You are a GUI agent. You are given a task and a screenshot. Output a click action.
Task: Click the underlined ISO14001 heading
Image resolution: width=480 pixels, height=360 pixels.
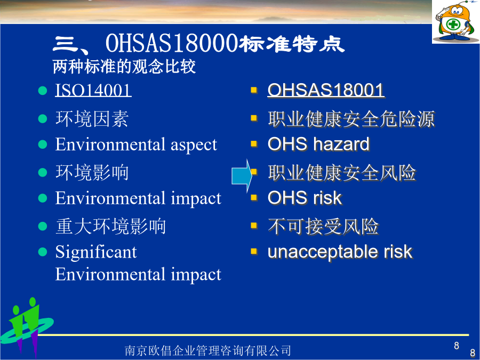point(93,91)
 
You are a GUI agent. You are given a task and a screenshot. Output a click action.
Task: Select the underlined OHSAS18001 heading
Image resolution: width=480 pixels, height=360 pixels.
point(326,91)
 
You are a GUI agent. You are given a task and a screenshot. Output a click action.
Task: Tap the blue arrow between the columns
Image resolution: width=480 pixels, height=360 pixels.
point(242,176)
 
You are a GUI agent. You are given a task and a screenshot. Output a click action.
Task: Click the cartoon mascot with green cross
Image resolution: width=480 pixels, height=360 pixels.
point(456,22)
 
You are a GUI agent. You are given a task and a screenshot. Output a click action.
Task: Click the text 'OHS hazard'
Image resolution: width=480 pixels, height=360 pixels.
point(319,144)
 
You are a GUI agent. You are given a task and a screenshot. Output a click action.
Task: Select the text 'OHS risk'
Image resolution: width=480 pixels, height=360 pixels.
point(305,198)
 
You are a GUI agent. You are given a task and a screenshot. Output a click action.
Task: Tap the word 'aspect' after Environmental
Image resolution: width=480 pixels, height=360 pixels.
point(194,145)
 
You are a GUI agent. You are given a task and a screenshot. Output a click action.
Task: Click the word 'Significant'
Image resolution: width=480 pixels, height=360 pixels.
point(96,253)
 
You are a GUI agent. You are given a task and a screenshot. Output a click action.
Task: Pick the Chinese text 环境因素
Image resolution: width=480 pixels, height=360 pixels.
point(92,119)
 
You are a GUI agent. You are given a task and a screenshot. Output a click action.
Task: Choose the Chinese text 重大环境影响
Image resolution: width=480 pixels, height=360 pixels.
point(110,227)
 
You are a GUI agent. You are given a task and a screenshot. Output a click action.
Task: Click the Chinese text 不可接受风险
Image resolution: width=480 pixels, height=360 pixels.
point(324,227)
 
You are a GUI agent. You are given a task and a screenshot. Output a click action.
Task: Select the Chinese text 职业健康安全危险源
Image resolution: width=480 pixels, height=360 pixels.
point(351,119)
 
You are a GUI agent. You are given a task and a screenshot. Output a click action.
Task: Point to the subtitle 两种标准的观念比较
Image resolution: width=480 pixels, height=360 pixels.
point(124,67)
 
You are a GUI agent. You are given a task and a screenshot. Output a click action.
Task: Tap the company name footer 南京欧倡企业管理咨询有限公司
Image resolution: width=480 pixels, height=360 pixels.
point(208,350)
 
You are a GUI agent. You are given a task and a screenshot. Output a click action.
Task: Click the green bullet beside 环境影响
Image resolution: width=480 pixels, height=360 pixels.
point(43,172)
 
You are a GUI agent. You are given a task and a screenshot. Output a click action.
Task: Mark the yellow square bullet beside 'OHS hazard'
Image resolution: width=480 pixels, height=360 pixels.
point(254,143)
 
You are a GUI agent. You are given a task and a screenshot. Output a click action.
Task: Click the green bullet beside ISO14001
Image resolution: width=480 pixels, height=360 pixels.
point(43,91)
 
